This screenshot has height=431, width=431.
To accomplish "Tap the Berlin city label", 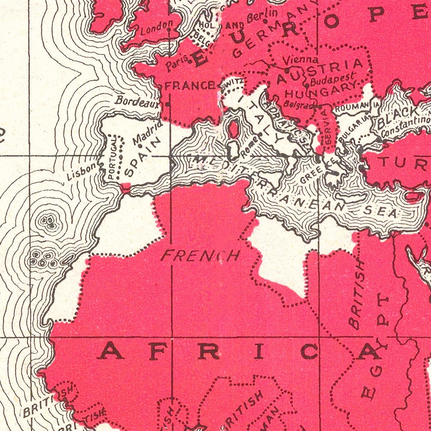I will click(x=262, y=16).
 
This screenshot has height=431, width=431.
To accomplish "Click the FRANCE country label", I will click(x=190, y=85).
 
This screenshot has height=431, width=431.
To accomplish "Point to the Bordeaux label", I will click(x=137, y=101).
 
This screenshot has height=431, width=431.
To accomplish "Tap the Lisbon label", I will click(x=81, y=172).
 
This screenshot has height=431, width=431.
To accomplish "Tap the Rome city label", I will click(x=247, y=150).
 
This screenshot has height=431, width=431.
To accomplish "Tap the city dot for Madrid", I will click(x=140, y=146).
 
